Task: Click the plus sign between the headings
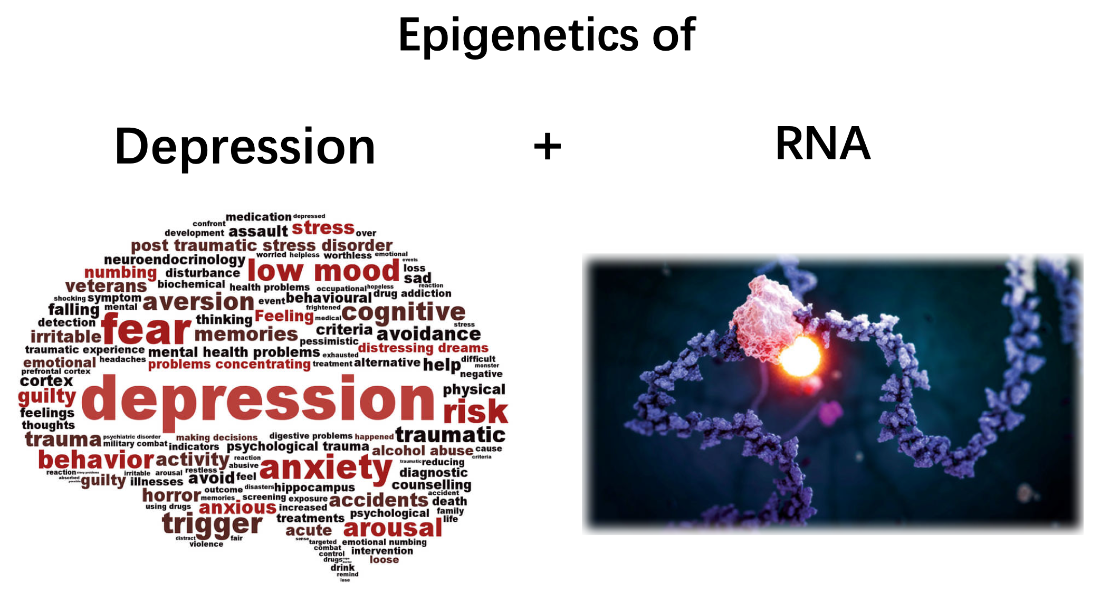point(547,146)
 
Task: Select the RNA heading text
point(822,144)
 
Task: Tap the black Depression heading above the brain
point(245,147)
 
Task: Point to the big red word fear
point(146,329)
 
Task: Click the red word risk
point(475,412)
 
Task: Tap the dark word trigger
point(212,524)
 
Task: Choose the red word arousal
point(393,528)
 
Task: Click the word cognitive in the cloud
point(404,312)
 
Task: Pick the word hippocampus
point(314,488)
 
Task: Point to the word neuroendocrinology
point(175,260)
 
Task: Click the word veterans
point(106,286)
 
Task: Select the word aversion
point(198,302)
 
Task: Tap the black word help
point(442,365)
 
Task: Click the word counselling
point(431,484)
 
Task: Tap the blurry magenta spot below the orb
point(830,413)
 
